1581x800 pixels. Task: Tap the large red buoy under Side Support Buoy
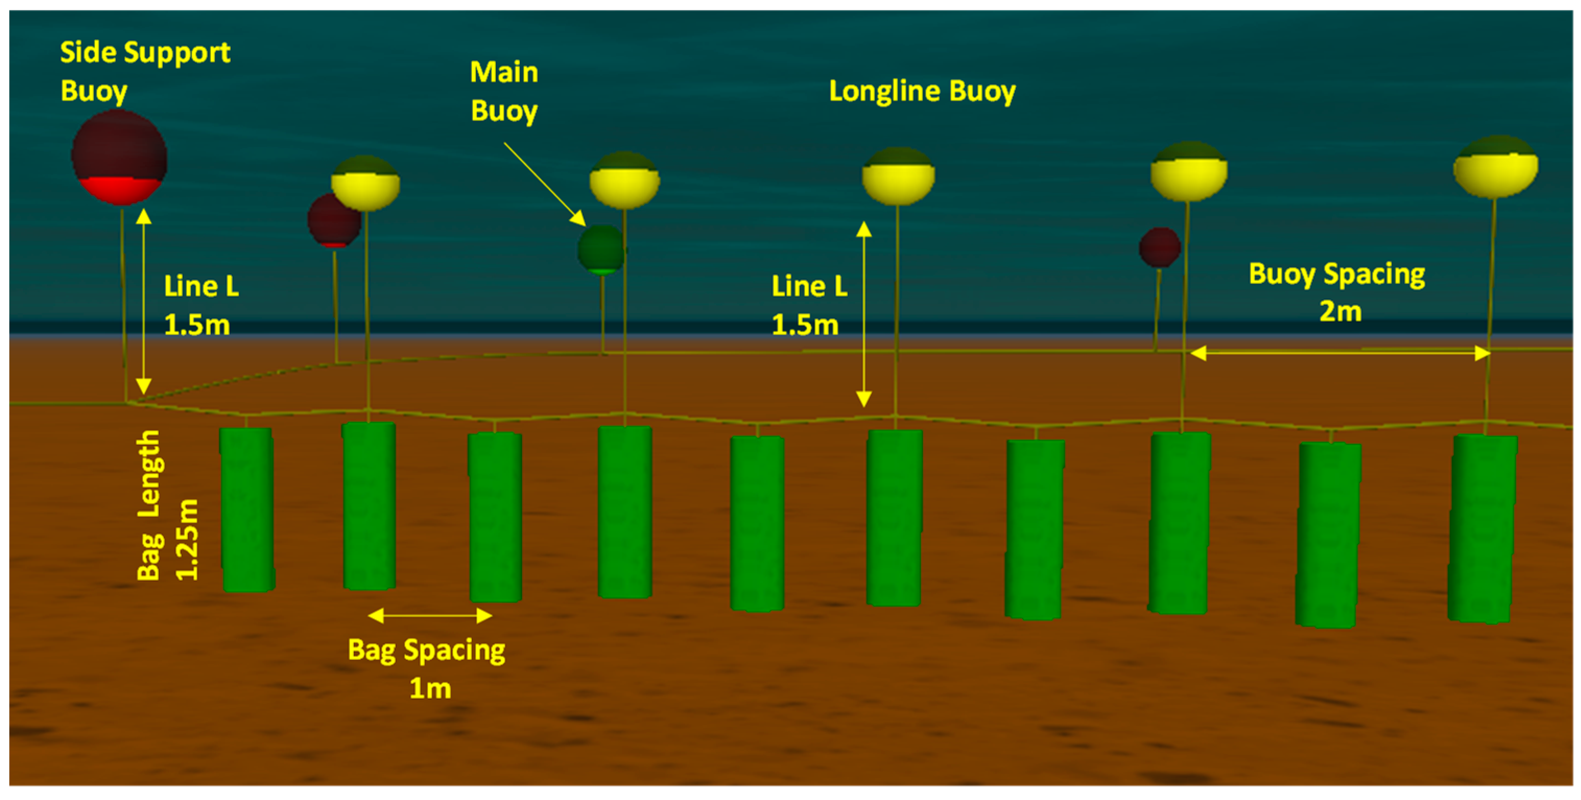[x=119, y=157]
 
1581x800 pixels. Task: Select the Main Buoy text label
[x=504, y=91]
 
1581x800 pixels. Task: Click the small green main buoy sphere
[x=600, y=250]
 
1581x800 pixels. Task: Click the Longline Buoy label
[x=922, y=91]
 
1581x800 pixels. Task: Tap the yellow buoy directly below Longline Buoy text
[x=898, y=176]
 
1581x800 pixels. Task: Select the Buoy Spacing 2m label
[x=1337, y=292]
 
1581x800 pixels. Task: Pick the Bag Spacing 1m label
[x=427, y=668]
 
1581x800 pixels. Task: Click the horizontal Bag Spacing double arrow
[x=430, y=615]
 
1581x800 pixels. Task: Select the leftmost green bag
[x=247, y=510]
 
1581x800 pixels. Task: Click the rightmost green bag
[x=1482, y=528]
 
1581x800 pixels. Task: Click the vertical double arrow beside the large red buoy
[x=144, y=301]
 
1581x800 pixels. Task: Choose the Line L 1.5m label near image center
[x=809, y=305]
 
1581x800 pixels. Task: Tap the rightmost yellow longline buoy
[x=1496, y=167]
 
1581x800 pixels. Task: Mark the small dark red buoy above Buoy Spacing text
[x=1159, y=248]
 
